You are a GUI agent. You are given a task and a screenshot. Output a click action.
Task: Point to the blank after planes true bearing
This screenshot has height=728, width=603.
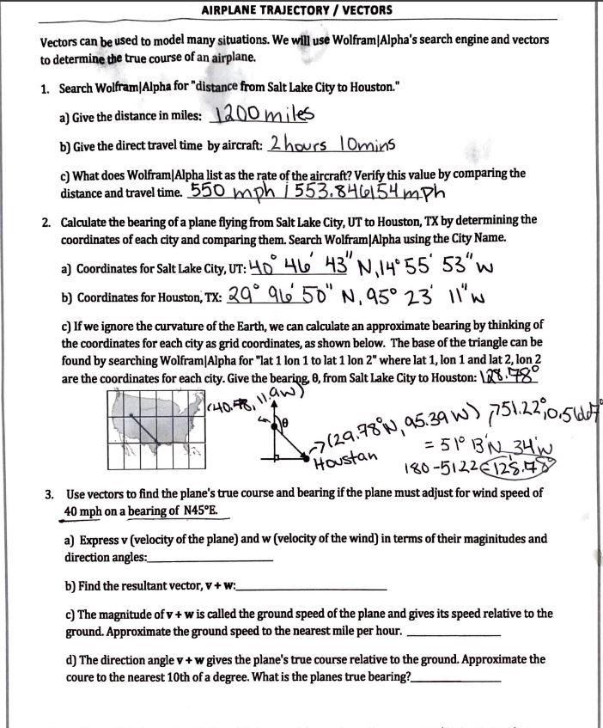457,679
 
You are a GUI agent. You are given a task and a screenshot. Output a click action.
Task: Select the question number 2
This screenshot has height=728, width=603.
45,221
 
